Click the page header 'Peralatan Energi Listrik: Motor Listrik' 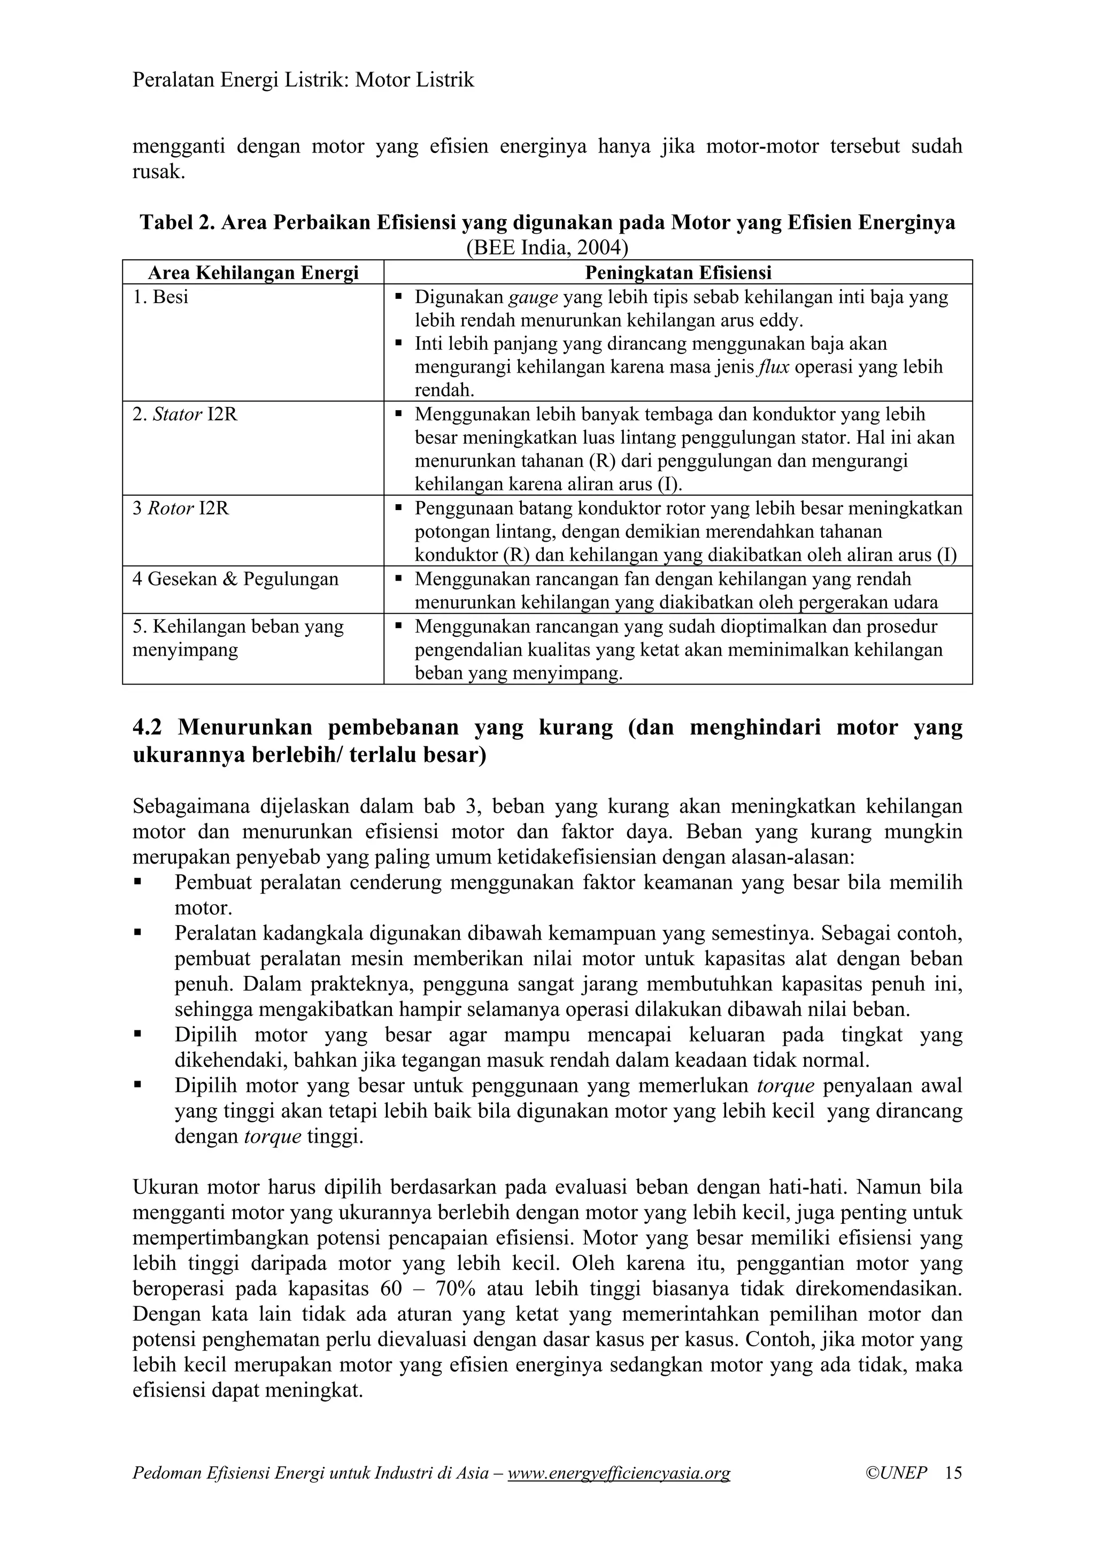pos(303,81)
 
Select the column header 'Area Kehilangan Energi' pos(253,273)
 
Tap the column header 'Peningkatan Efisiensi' pos(677,273)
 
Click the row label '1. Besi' pos(160,297)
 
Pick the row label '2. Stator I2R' pos(185,414)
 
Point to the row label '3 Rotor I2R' pos(181,508)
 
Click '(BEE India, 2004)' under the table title pos(547,248)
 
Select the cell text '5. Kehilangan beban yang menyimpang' pos(238,638)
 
